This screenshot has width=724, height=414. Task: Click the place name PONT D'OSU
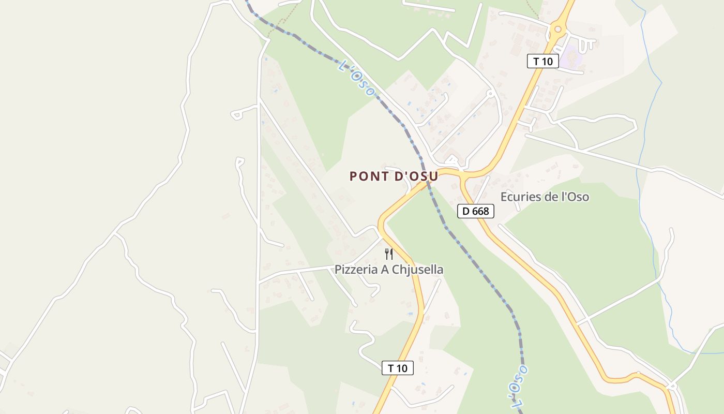click(x=394, y=176)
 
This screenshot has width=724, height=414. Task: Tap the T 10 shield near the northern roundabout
click(x=543, y=61)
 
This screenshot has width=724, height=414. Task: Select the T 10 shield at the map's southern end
click(x=398, y=368)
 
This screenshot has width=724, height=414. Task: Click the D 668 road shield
click(x=476, y=211)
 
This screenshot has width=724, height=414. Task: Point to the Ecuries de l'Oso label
click(x=545, y=197)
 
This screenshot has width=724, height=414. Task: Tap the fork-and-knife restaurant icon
click(x=389, y=254)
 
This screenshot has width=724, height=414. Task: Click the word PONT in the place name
click(x=369, y=176)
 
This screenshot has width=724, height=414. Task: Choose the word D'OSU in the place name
click(x=416, y=176)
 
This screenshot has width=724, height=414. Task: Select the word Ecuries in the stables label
click(x=517, y=197)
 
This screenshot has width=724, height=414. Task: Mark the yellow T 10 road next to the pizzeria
click(x=409, y=264)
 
